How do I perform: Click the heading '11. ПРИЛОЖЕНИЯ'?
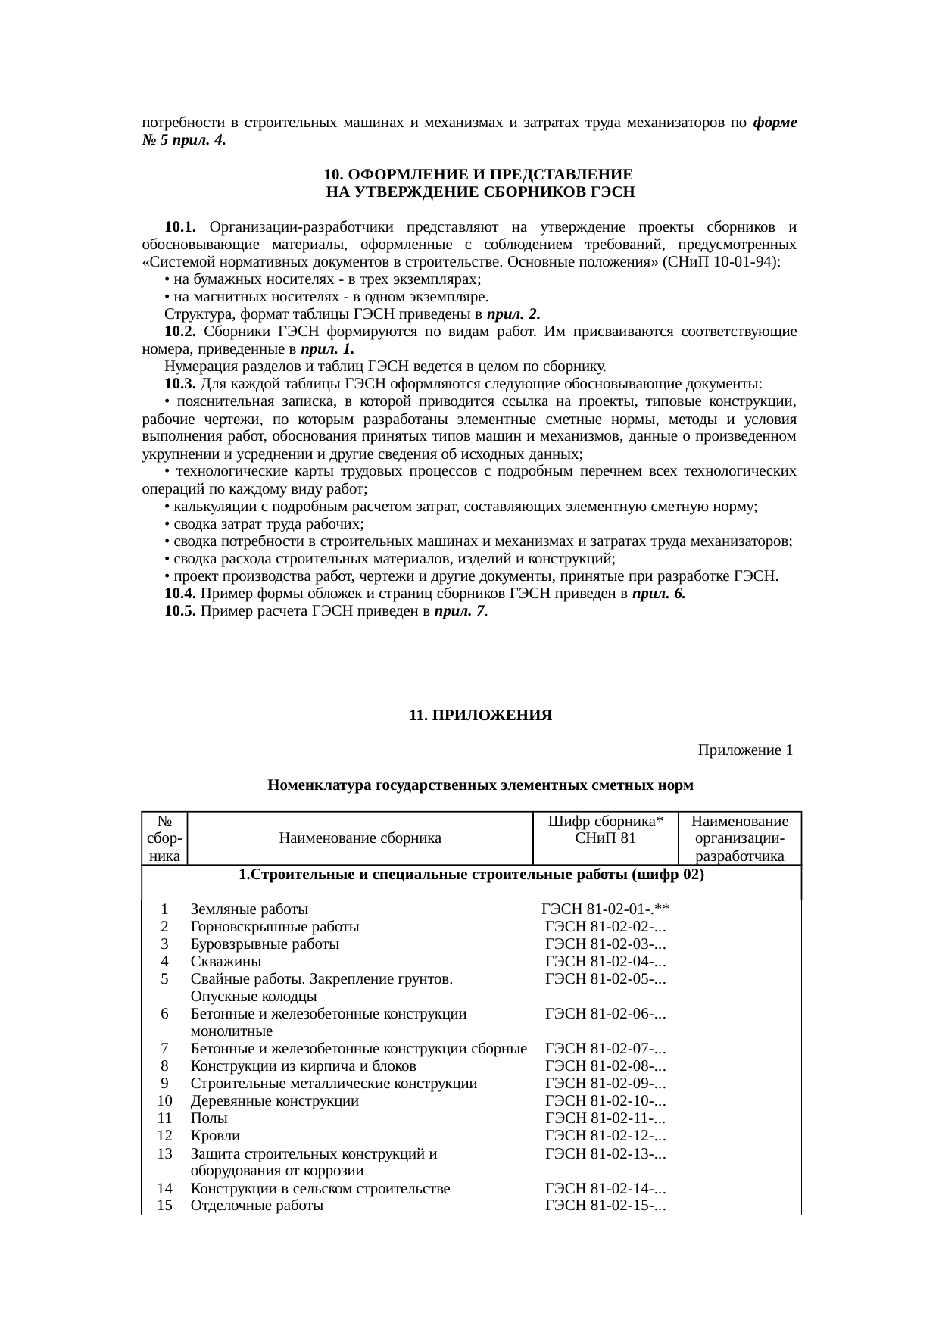(x=480, y=716)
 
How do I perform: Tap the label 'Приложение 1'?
(x=745, y=750)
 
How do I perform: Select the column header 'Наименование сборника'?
(x=360, y=838)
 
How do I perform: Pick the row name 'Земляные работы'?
(x=249, y=909)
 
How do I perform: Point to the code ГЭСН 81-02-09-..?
(x=605, y=1084)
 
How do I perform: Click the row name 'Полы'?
(x=209, y=1118)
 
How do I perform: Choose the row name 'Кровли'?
(x=215, y=1136)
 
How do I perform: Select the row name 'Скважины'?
(x=226, y=962)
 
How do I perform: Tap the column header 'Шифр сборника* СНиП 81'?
(x=605, y=830)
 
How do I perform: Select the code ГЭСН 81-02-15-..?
(x=605, y=1206)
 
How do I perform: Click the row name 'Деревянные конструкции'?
(x=274, y=1101)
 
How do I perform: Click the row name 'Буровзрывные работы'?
(x=264, y=944)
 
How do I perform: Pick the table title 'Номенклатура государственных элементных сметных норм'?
(x=480, y=786)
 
